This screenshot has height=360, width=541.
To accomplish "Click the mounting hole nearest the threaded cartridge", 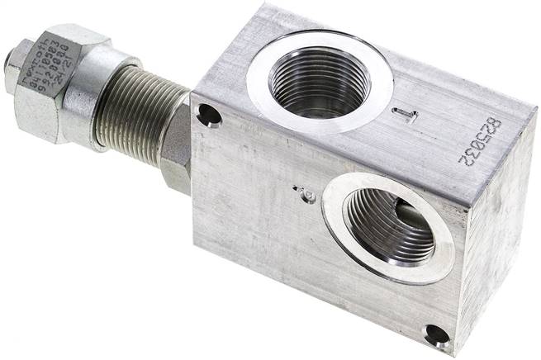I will click(x=209, y=115).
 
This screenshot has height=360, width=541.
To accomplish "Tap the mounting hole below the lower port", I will click(x=434, y=334).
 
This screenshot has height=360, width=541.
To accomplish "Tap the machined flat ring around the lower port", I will click(x=442, y=247).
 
